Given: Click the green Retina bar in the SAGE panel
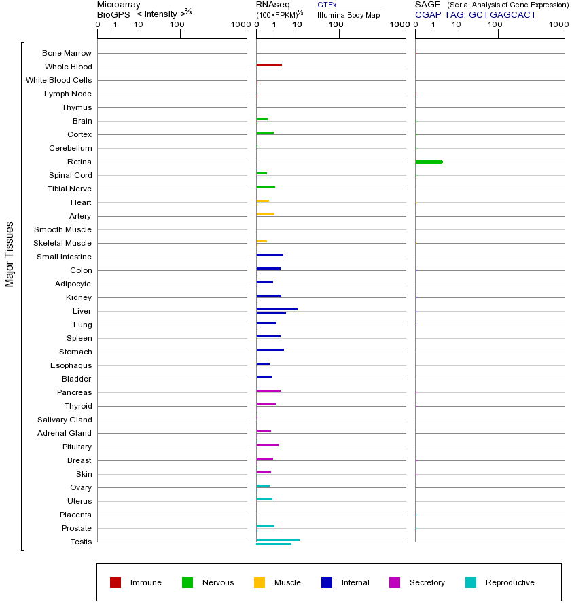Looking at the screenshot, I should point(429,162).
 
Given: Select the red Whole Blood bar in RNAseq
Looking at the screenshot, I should point(269,64).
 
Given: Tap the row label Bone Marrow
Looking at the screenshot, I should point(67,53).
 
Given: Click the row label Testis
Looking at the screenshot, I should point(81,542).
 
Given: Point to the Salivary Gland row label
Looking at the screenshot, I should point(66,420).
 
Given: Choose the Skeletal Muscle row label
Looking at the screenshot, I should point(62,243).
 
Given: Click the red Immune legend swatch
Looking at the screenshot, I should point(115,582).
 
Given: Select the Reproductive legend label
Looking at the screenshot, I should point(510,582).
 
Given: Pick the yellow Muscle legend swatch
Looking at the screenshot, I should point(260,582).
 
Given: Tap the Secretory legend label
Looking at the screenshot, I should point(427,582).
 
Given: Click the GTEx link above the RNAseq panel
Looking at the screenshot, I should point(327,5).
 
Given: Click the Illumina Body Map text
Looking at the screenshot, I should point(348,15).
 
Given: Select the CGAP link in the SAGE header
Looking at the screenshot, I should point(428,14).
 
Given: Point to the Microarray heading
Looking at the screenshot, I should point(119,5).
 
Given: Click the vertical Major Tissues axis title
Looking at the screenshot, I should point(10,254).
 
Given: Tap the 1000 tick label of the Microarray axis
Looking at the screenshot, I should point(240,25).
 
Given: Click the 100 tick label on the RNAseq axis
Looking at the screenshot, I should point(336,25).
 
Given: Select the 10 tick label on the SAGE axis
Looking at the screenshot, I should point(457,25).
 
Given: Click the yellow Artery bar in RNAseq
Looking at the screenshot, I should point(265,214).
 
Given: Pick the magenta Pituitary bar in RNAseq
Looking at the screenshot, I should point(267,445).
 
